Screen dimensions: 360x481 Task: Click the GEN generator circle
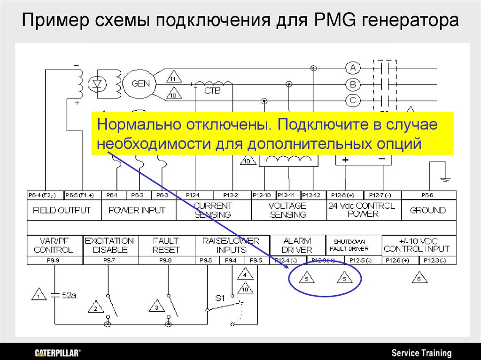[x=140, y=84]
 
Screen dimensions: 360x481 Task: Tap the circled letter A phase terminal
[x=353, y=68]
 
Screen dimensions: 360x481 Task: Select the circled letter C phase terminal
[x=353, y=100]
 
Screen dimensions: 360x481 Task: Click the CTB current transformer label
[x=212, y=91]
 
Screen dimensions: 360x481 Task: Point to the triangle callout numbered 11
[x=173, y=78]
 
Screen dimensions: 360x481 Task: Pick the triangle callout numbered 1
[x=39, y=296]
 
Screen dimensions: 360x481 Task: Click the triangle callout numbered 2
[x=95, y=308]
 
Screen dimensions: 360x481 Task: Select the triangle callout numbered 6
[x=419, y=277]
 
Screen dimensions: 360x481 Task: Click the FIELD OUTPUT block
[x=62, y=210]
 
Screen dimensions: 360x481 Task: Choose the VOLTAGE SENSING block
[x=287, y=210]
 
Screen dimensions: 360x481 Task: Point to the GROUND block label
[x=427, y=210]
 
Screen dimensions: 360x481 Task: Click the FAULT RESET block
[x=166, y=245]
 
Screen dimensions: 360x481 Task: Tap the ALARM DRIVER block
[x=297, y=245]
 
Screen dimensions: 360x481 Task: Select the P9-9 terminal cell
[x=55, y=260]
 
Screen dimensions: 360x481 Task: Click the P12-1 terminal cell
[x=193, y=195]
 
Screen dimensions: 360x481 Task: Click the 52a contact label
[x=69, y=296]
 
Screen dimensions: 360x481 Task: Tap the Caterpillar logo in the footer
[x=58, y=352]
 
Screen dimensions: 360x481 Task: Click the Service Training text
[x=421, y=353]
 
